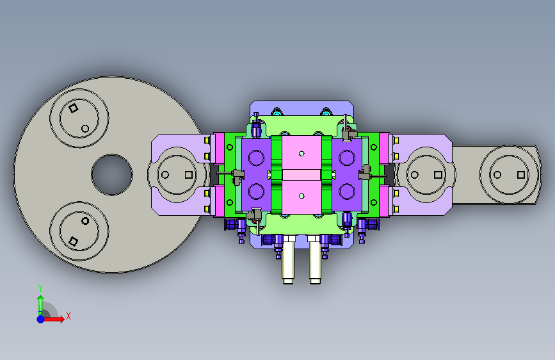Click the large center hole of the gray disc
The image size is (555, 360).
[x=112, y=175]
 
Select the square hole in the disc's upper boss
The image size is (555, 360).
[x=73, y=108]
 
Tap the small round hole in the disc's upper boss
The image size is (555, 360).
[x=85, y=128]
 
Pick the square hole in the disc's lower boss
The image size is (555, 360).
[x=73, y=241]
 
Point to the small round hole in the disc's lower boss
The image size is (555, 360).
[x=85, y=221]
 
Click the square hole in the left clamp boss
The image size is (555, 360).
[x=189, y=175]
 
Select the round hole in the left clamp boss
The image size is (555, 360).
[x=165, y=175]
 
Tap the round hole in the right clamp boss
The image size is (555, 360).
[x=414, y=175]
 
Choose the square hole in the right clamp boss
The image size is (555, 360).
[x=438, y=175]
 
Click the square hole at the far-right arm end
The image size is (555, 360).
[x=521, y=175]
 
